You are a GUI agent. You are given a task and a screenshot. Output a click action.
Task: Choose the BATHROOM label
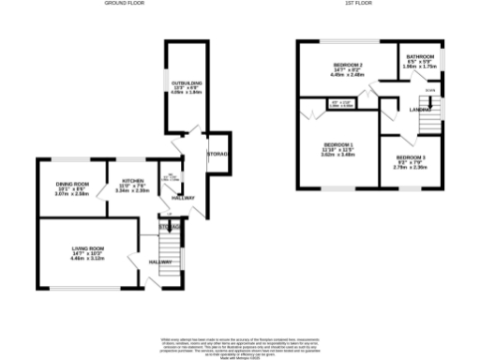(419, 57)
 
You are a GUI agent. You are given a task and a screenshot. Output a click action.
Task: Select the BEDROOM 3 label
(410, 157)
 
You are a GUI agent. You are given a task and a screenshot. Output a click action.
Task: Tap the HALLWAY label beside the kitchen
(184, 197)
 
